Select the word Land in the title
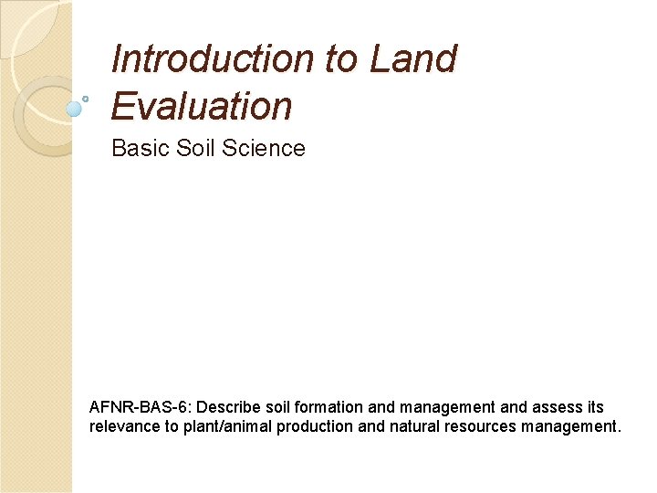413,59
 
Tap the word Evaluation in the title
202,107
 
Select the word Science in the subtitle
264,148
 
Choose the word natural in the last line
405,426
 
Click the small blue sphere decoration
75,108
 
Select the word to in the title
341,59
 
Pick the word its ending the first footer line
593,407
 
